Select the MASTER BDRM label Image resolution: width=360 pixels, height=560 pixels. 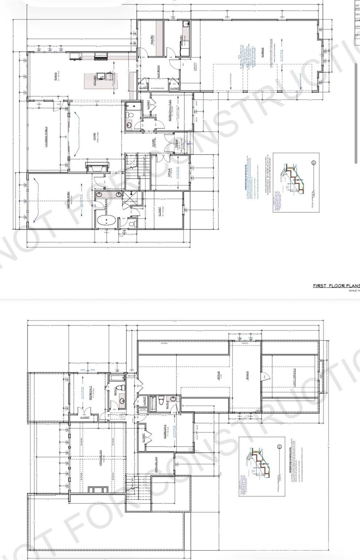[x=68, y=200]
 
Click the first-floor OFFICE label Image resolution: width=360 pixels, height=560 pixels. [x=170, y=172]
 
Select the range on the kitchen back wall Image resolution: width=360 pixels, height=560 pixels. [x=100, y=56]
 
